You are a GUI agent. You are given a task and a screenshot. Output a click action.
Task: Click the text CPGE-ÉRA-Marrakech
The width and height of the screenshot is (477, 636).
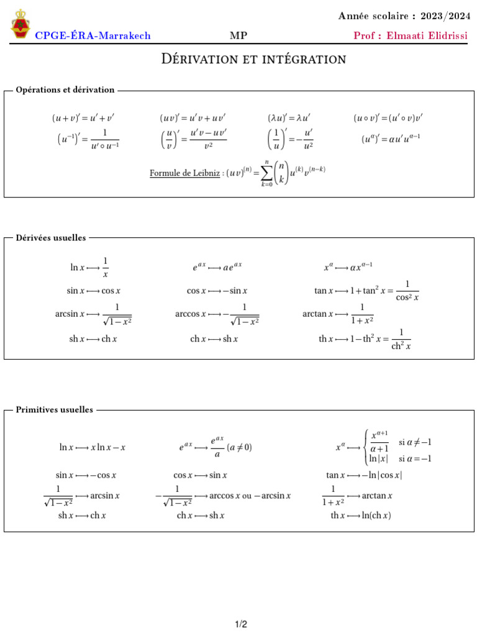pyautogui.click(x=93, y=36)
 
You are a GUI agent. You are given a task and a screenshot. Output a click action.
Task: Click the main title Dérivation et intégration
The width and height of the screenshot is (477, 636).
pyautogui.click(x=253, y=59)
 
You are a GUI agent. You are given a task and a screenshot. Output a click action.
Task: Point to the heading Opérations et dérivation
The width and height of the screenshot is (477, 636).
pyautogui.click(x=65, y=90)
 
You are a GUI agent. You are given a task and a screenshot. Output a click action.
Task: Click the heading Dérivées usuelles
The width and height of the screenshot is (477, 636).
pyautogui.click(x=51, y=237)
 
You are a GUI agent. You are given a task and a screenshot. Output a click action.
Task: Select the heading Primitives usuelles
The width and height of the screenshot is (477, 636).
pyautogui.click(x=55, y=410)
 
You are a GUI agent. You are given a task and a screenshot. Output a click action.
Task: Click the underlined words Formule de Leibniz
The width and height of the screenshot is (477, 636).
pyautogui.click(x=185, y=173)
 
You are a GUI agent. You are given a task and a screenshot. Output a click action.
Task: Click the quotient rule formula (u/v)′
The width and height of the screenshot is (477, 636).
pyautogui.click(x=193, y=140)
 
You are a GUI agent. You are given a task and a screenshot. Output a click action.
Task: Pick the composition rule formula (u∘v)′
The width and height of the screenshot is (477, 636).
pyautogui.click(x=389, y=117)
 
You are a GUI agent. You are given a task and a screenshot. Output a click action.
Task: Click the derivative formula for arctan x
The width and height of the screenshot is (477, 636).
pyautogui.click(x=338, y=314)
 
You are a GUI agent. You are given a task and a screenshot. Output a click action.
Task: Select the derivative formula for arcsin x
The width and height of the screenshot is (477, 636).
pyautogui.click(x=93, y=314)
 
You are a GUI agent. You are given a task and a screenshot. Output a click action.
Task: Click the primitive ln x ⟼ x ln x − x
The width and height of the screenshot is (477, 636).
pyautogui.click(x=93, y=447)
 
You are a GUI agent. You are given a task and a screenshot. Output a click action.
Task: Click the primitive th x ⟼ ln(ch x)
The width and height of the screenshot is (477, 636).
pyautogui.click(x=361, y=516)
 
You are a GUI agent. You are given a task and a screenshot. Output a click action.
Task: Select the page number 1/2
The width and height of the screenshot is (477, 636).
pyautogui.click(x=241, y=624)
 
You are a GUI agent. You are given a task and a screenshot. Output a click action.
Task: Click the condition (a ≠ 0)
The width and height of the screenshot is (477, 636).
pyautogui.click(x=239, y=447)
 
